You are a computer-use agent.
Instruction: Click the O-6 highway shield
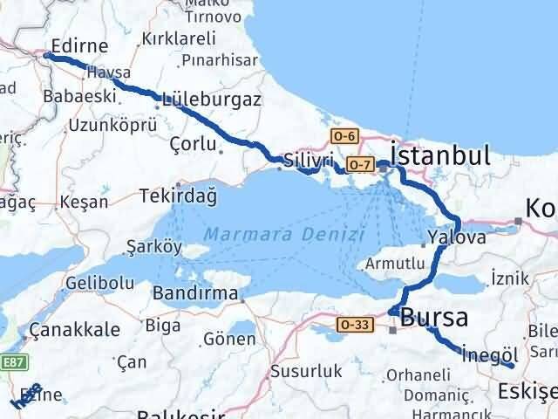(x=344, y=135)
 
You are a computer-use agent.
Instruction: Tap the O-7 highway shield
(x=358, y=164)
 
